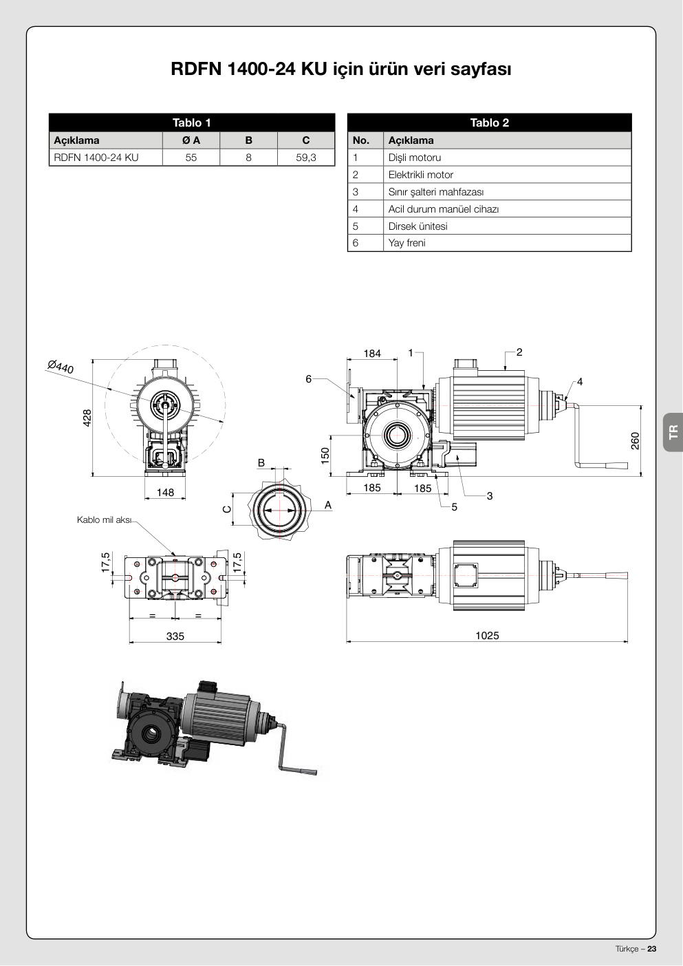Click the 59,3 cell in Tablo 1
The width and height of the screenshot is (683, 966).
(305, 158)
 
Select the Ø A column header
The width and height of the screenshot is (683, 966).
(191, 140)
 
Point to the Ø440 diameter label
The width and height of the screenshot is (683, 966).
(61, 367)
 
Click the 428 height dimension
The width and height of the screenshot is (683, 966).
(87, 418)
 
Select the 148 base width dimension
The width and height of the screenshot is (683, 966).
(165, 492)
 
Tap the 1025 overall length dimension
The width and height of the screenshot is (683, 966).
(487, 635)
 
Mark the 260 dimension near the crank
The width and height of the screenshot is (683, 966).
(635, 441)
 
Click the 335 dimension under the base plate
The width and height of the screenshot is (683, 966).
(175, 636)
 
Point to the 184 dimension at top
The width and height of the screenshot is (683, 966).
(372, 354)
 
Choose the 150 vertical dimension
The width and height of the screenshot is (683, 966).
(325, 456)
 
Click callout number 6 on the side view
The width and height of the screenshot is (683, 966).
(308, 379)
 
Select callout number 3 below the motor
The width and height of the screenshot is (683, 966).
(490, 496)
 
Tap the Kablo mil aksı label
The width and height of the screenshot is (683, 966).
(103, 519)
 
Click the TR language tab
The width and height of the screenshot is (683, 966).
(673, 431)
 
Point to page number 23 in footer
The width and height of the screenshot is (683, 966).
(652, 949)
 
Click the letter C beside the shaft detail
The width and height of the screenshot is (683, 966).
(227, 509)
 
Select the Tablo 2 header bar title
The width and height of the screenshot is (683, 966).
(490, 123)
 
